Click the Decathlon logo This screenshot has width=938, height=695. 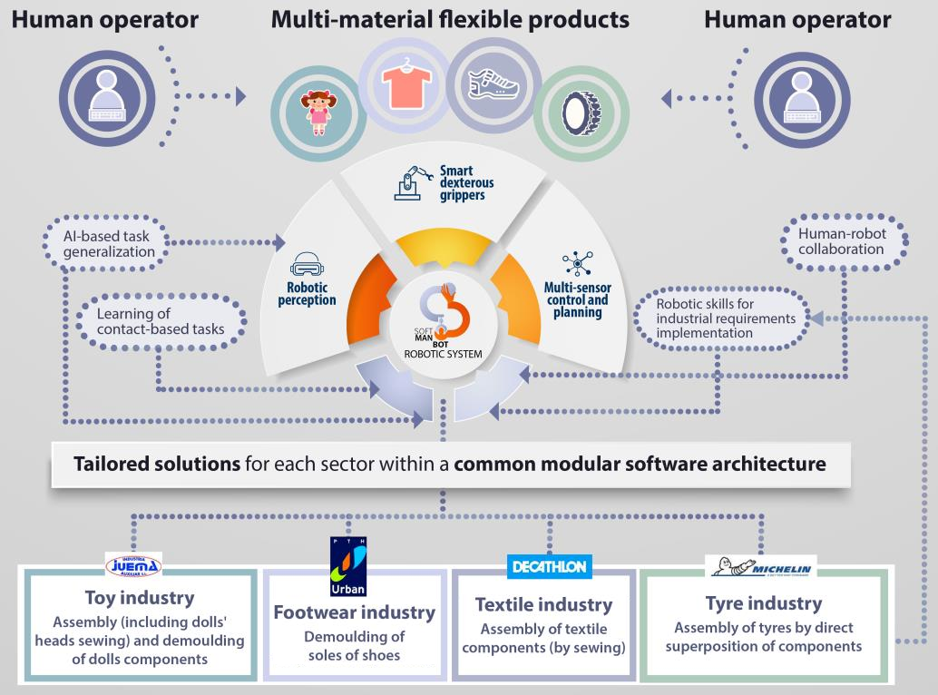coord(549,567)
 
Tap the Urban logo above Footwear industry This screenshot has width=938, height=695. coord(347,564)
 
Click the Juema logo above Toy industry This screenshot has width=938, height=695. coord(133,565)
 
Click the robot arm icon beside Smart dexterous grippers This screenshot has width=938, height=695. coord(412,182)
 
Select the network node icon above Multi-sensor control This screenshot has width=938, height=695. coord(577,264)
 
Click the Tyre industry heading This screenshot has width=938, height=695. coord(763,602)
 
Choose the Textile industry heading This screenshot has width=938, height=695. coord(543,604)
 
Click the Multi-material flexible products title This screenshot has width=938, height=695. coord(450,19)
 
